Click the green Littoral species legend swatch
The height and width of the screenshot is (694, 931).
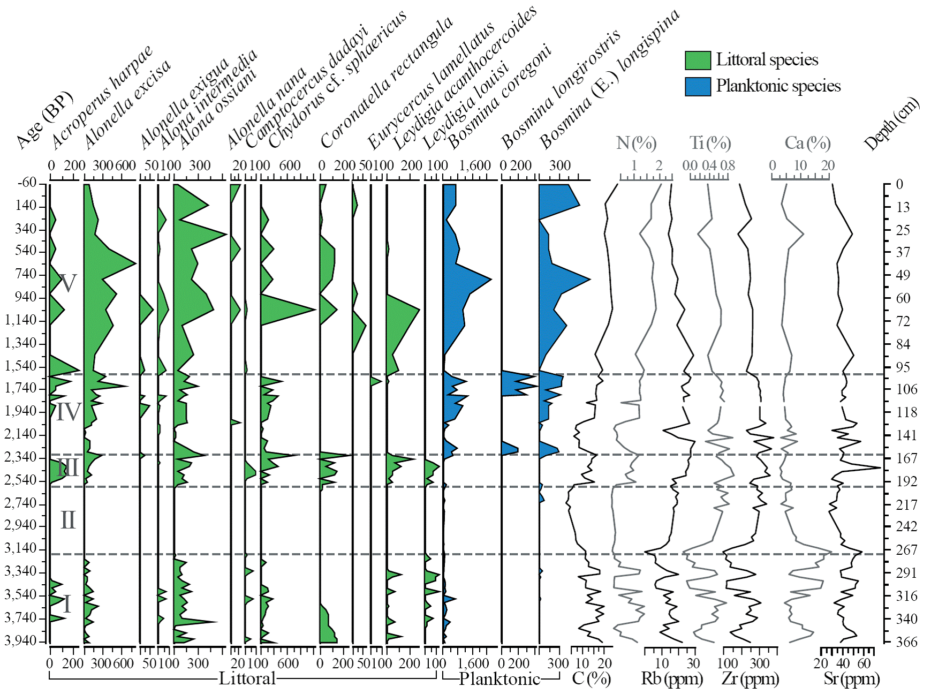pos(698,60)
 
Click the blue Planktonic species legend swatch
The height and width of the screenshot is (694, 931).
pos(698,86)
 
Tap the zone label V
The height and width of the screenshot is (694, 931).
pos(67,283)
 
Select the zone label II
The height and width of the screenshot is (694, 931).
pos(68,520)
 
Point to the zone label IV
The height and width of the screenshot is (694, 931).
pos(69,412)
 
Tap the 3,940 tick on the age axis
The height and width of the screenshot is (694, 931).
pos(21,640)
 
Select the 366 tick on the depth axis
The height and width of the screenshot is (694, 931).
pos(907,642)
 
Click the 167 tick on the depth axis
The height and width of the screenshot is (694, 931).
pos(907,458)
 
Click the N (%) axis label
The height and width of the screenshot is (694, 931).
pos(636,143)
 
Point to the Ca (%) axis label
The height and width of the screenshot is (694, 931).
pos(807,143)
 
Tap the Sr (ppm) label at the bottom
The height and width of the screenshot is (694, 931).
pos(851,679)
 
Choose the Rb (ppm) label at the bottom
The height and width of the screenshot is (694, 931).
pos(672,679)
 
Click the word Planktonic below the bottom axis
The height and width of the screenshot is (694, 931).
pos(499,679)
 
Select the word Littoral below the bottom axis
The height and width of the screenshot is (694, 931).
pos(247,679)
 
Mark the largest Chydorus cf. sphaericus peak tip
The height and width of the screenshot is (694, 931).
pos(315,309)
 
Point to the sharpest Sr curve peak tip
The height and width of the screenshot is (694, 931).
pos(880,467)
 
